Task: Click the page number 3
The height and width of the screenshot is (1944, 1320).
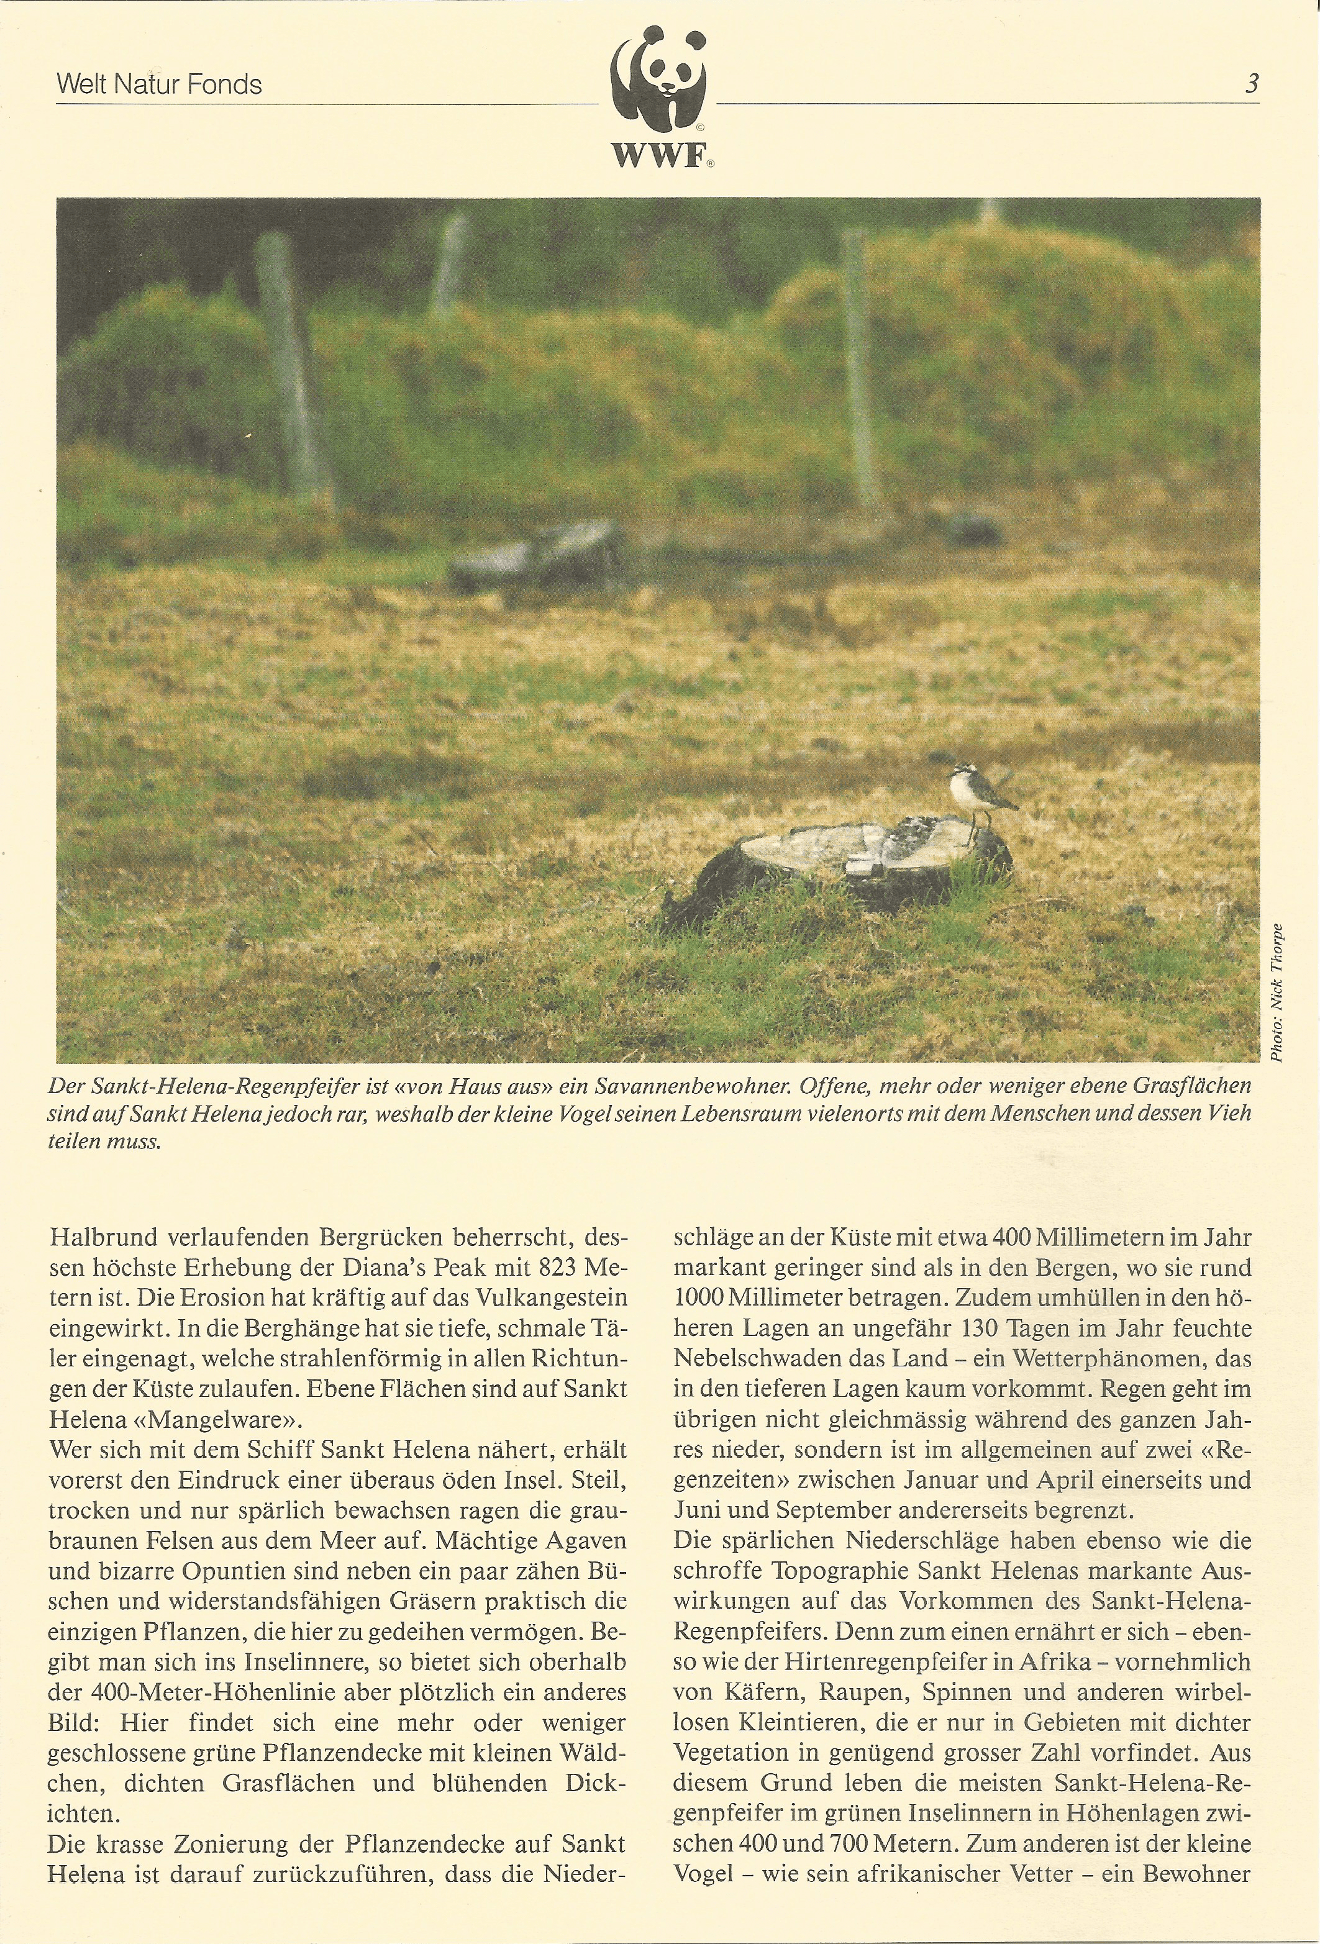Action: (1252, 84)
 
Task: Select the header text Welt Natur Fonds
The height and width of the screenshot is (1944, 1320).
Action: (159, 84)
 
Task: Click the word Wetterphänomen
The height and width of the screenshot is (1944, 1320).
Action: (1065, 1358)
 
